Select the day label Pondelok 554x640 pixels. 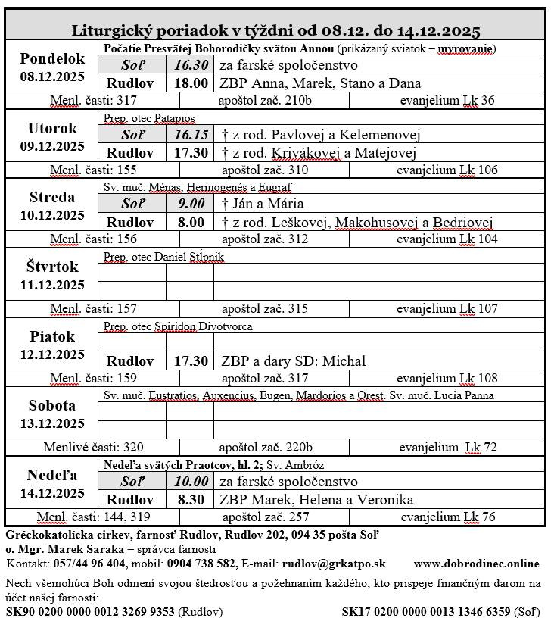52,58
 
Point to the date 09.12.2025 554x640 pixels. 52,146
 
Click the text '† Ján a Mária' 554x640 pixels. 262,204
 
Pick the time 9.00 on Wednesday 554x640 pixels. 191,204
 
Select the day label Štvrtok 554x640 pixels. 52,267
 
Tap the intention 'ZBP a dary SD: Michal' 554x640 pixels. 293,361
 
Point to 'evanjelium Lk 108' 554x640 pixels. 447,378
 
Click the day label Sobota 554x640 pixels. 52,405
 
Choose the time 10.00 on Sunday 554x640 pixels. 191,482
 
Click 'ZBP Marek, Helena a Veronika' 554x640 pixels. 316,500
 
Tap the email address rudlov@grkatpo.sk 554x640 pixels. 334,564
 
